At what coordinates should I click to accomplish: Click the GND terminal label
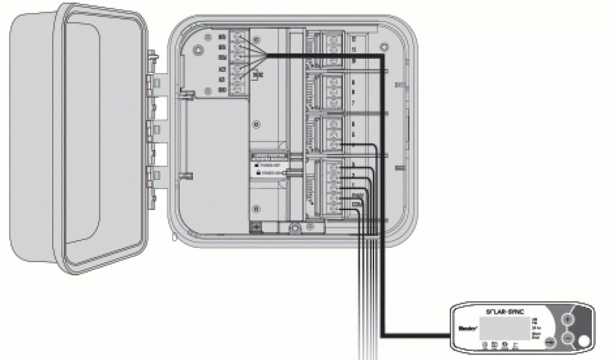tap(222, 89)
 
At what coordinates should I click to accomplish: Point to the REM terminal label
tap(222, 57)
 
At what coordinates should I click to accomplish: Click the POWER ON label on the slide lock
tap(269, 173)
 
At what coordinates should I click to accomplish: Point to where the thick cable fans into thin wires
tap(264, 56)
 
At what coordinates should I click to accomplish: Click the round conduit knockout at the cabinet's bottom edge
tap(295, 229)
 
